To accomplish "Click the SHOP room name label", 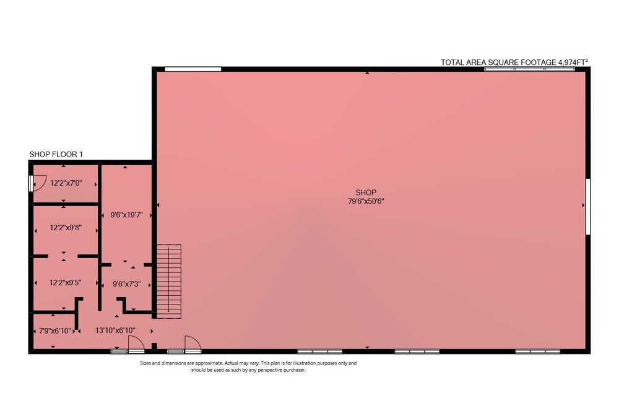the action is click(x=366, y=192).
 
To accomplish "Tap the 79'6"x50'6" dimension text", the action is click(x=366, y=201).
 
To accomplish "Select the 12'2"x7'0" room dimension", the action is click(x=66, y=183).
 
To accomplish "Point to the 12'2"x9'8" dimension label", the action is click(x=66, y=228).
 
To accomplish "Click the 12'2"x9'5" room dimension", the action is click(x=65, y=282).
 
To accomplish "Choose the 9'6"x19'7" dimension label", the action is click(x=126, y=215).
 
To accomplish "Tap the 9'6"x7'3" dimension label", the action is click(x=126, y=283).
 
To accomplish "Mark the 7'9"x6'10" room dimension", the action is click(x=55, y=331).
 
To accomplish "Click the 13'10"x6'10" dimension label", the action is click(x=115, y=330).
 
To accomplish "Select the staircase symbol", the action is click(x=169, y=282).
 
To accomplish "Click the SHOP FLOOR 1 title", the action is click(x=56, y=154).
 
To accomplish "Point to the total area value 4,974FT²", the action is click(x=573, y=62).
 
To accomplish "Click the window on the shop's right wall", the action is click(x=588, y=206).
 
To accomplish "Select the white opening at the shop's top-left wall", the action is click(x=193, y=69).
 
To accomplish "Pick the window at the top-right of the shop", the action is click(x=529, y=69).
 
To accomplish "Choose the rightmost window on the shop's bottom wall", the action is click(x=537, y=351).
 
